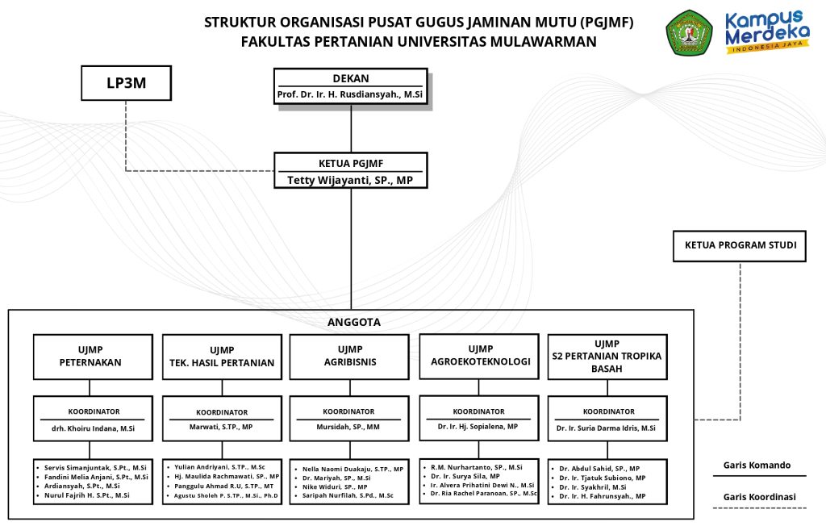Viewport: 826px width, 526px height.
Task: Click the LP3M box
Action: tap(127, 82)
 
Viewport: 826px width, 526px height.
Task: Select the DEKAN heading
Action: tap(350, 78)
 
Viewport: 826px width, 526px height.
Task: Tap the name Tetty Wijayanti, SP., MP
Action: tap(350, 180)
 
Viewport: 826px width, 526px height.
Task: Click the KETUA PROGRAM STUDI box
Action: tap(740, 244)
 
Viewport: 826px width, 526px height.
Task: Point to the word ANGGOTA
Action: tap(353, 322)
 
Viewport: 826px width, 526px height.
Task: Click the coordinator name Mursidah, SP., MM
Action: tap(348, 427)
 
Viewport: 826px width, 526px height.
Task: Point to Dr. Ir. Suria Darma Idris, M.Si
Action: tap(606, 428)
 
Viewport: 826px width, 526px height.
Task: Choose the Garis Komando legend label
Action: tap(757, 465)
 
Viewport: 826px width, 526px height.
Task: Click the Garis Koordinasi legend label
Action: tap(759, 497)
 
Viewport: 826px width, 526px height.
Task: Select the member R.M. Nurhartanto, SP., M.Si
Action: tap(476, 466)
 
